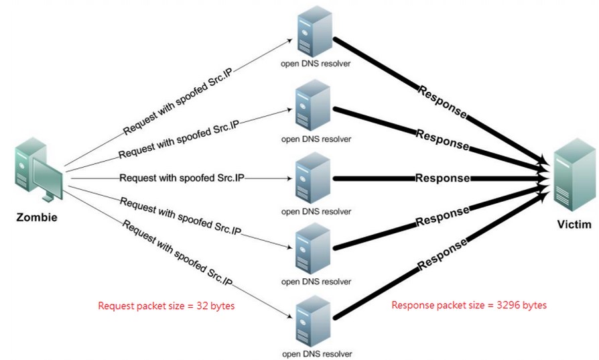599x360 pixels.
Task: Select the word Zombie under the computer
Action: [x=38, y=217]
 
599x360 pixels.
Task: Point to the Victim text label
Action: [x=574, y=225]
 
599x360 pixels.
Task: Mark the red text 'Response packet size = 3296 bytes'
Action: [x=469, y=305]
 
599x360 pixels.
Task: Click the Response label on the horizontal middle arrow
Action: [x=442, y=178]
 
